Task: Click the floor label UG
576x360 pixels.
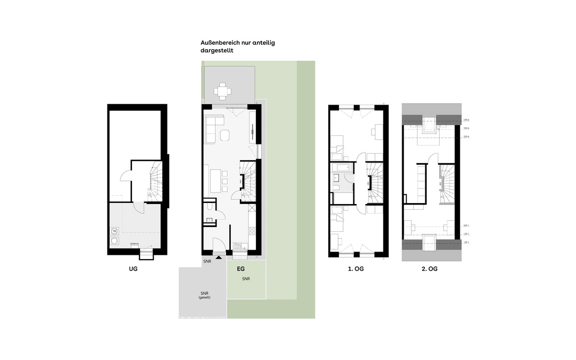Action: point(133,269)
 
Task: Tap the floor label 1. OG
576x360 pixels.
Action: point(356,269)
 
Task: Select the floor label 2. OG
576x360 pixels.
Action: point(430,269)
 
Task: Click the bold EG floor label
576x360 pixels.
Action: point(241,269)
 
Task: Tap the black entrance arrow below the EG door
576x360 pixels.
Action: point(219,258)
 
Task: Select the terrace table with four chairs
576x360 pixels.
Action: point(222,90)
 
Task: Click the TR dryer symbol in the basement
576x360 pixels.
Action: point(114,231)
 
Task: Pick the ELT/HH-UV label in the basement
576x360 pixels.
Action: point(134,244)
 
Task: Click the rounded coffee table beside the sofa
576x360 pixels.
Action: point(225,136)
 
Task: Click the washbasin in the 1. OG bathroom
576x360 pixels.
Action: point(336,188)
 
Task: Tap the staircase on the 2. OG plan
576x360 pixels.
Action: point(446,183)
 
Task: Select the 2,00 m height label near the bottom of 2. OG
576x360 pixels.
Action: point(465,226)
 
